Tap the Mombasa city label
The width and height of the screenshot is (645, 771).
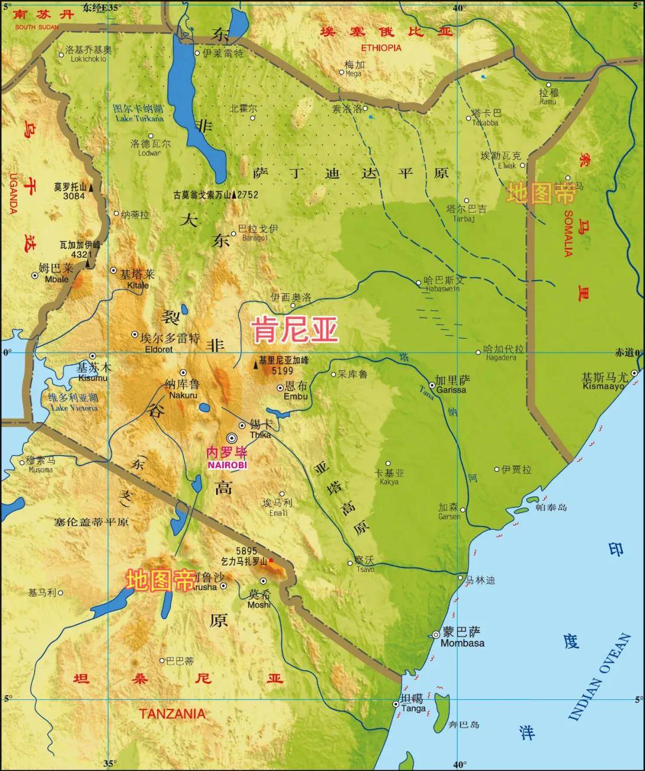(x=462, y=643)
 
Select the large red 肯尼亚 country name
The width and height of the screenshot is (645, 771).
(x=295, y=329)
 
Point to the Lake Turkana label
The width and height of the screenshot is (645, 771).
(x=139, y=118)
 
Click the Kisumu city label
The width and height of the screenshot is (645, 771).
(x=93, y=377)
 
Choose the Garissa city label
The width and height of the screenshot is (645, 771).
(x=451, y=389)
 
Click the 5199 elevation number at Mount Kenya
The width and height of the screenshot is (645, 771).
(x=282, y=371)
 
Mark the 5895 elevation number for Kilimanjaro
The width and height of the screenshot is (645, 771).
(x=246, y=551)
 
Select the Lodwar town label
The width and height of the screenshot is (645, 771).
(x=149, y=153)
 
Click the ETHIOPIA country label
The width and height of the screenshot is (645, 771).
(x=381, y=48)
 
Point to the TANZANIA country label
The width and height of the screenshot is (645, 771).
(x=172, y=713)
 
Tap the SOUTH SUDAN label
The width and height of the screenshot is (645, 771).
(x=37, y=27)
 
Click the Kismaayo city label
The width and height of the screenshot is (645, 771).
(x=603, y=386)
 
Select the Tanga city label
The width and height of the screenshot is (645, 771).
(x=413, y=708)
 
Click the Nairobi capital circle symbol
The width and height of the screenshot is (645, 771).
(x=232, y=438)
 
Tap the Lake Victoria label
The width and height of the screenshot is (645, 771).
(x=74, y=408)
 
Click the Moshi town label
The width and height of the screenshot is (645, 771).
(x=259, y=604)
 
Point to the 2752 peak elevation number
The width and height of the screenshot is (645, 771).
(x=248, y=195)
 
